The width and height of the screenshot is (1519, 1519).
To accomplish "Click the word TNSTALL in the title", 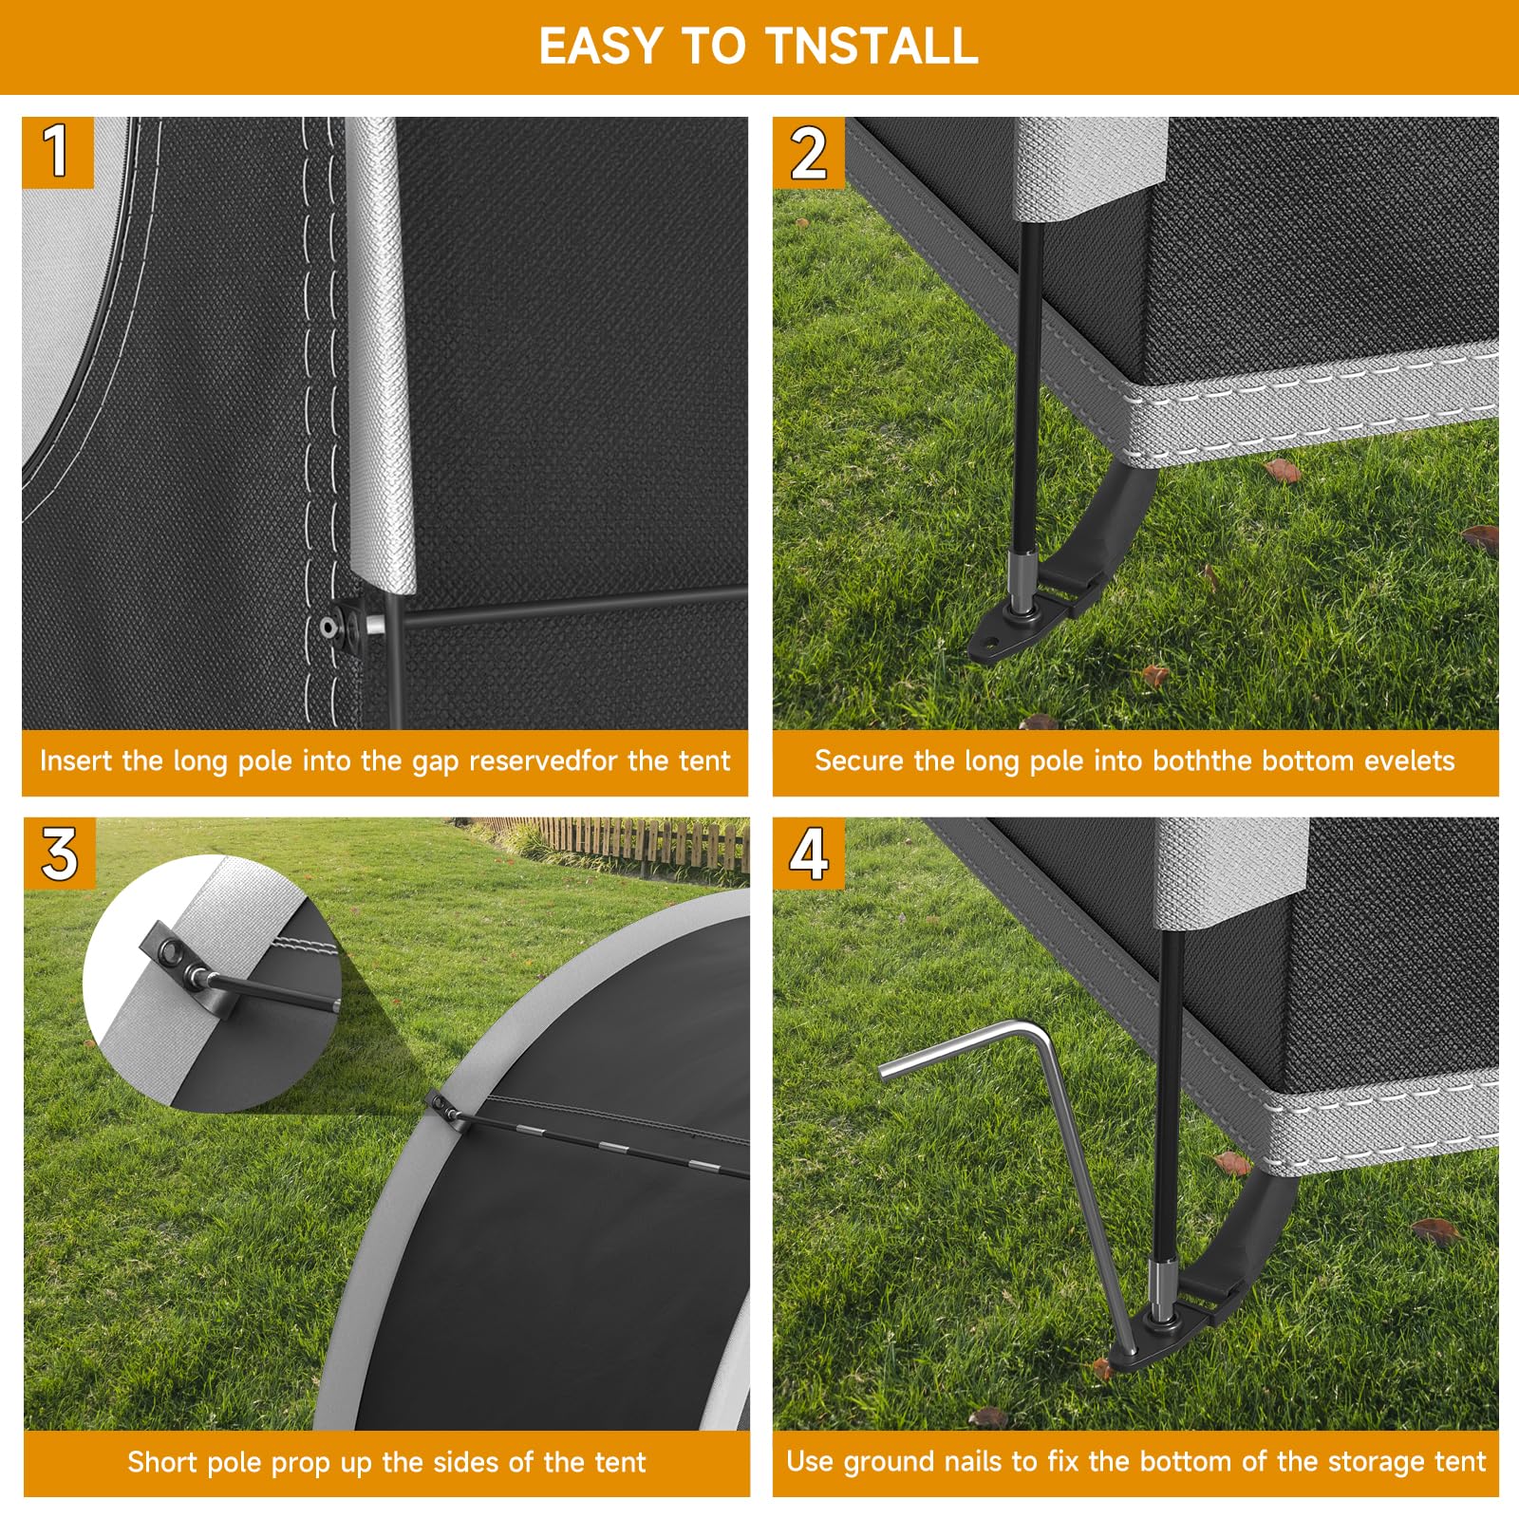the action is point(871,46).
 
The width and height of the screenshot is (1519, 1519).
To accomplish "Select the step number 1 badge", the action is point(58,152).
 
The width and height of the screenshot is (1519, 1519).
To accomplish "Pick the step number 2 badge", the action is point(808,152).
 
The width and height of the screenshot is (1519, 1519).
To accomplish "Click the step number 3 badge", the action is point(59,853).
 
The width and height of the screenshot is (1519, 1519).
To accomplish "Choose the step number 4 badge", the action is point(808,853).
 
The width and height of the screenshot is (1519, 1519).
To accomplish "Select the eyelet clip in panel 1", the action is point(347,627).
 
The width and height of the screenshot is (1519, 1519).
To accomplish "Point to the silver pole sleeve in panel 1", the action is point(383,356).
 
